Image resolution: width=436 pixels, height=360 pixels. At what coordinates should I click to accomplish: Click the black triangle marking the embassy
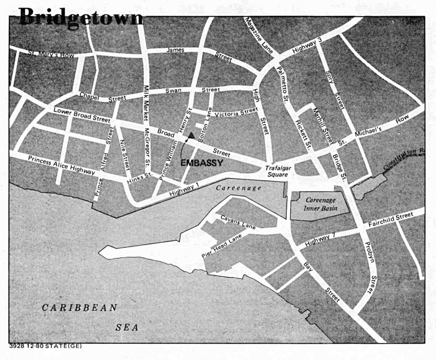(x=191, y=135)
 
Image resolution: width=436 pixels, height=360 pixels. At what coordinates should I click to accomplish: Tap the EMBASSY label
(x=202, y=163)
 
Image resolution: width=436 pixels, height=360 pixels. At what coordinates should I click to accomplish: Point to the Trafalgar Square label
(x=277, y=171)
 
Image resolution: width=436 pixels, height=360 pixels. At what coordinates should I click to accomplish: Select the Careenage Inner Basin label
(x=320, y=204)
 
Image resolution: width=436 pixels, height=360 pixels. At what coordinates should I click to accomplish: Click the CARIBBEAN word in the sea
(x=80, y=307)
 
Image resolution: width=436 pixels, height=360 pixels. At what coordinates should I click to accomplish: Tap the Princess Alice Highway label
(x=61, y=165)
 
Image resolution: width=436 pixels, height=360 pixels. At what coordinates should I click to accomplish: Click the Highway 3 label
(x=307, y=46)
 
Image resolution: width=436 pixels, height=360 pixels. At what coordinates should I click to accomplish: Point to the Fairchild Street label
(x=390, y=220)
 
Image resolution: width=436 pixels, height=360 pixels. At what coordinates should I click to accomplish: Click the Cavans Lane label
(x=238, y=222)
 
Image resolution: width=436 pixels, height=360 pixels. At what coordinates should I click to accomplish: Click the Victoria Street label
(x=236, y=112)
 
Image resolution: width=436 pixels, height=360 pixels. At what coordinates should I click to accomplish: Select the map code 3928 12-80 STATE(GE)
(x=46, y=346)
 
